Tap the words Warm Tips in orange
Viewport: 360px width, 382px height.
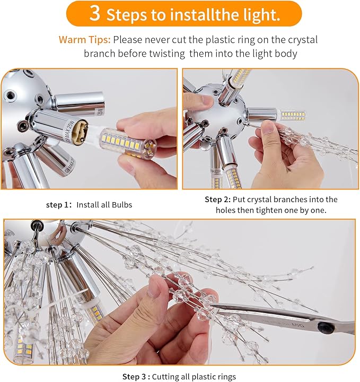[84, 39]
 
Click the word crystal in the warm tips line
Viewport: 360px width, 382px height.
[303, 40]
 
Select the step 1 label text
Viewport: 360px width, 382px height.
[59, 205]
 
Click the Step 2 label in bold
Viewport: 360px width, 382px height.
[217, 199]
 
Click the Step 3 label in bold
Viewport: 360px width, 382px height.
[136, 377]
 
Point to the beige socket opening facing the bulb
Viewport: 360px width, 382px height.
[80, 132]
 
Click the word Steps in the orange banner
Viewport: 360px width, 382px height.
[127, 15]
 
